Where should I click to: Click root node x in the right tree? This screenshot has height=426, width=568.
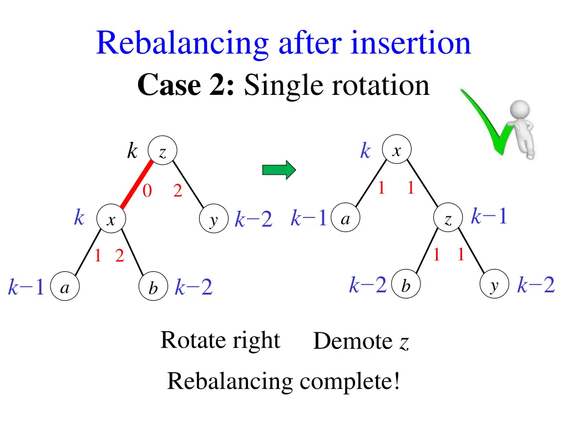[x=396, y=150]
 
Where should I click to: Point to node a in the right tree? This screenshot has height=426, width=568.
[x=345, y=219]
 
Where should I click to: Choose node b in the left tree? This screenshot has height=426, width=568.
[x=153, y=288]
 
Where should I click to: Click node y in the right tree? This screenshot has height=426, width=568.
[x=494, y=286]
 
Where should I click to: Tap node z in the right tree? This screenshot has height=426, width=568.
[x=448, y=220]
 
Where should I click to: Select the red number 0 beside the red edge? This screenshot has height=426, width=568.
[x=147, y=191]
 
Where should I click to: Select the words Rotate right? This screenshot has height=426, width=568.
[x=220, y=339]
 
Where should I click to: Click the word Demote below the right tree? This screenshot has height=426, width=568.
[x=353, y=341]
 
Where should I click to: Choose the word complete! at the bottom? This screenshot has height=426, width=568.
[x=350, y=381]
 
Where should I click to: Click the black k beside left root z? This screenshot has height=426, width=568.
[x=132, y=150]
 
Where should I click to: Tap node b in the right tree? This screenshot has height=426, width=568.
[x=406, y=286]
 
